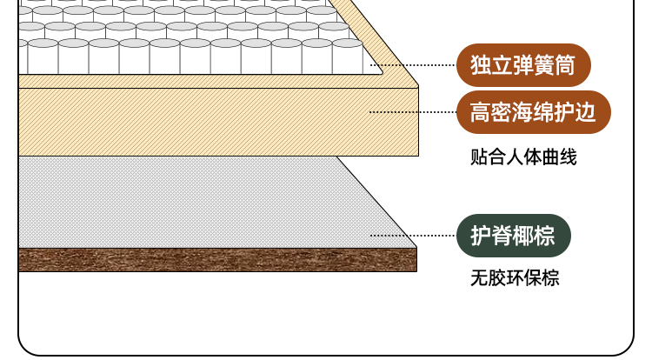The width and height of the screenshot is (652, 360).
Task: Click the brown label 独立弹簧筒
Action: [x=523, y=65]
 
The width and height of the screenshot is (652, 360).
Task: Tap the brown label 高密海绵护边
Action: [x=533, y=112]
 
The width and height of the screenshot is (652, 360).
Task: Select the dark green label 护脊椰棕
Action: [x=513, y=235]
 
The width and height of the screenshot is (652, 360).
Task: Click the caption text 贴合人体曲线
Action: [x=523, y=157]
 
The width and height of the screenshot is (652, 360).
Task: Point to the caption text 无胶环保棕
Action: [x=515, y=279]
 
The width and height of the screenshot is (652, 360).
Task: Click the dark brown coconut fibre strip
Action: [x=217, y=259]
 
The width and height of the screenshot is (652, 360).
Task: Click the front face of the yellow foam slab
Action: [x=217, y=122]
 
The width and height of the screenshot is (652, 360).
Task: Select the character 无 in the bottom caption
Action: [x=479, y=279]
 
